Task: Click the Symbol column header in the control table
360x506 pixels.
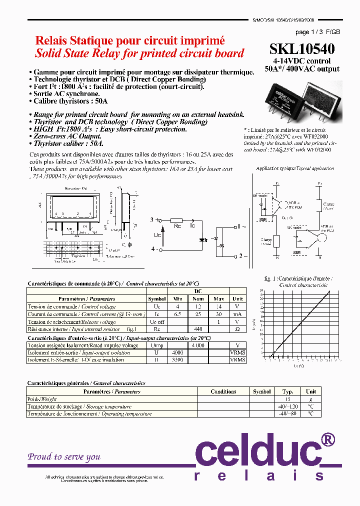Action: point(156,299)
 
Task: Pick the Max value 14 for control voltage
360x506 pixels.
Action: point(218,306)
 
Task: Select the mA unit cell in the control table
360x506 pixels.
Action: point(237,314)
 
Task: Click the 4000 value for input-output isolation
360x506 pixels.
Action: point(177,352)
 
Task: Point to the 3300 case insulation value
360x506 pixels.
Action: point(177,359)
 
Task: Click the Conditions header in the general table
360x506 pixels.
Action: point(223,391)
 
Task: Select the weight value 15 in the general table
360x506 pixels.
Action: point(287,399)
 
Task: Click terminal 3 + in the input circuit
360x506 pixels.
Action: point(154,220)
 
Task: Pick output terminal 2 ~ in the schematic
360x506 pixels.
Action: point(242,256)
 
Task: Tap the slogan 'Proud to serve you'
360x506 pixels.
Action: point(64,456)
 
